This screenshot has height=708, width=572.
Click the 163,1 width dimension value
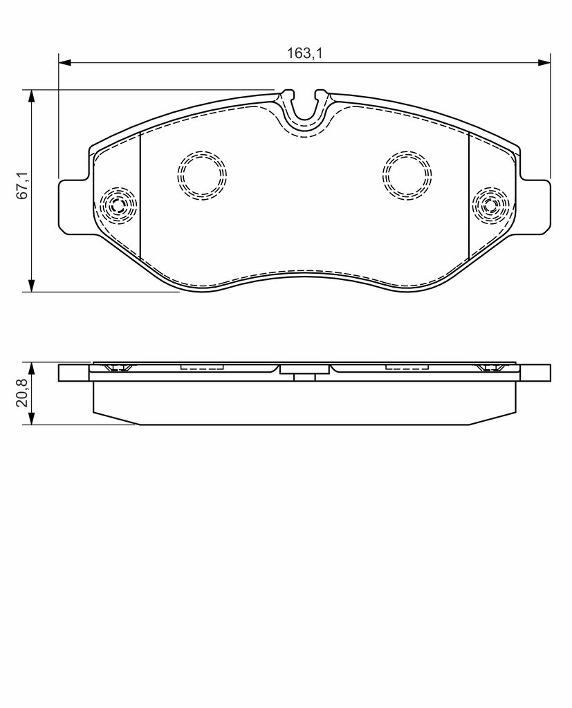(304, 53)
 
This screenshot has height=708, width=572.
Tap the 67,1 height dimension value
(23, 185)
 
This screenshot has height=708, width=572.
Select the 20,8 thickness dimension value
(23, 393)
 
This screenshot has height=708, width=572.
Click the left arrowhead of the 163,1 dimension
(65, 62)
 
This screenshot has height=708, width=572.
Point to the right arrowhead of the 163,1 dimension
(544, 62)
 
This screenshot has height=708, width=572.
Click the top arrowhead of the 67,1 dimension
(31, 96)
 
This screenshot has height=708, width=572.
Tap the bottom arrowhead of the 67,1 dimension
(31, 285)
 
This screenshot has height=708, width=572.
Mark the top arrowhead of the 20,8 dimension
(31, 369)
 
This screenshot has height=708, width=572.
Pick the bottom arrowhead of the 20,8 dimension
(31, 418)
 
